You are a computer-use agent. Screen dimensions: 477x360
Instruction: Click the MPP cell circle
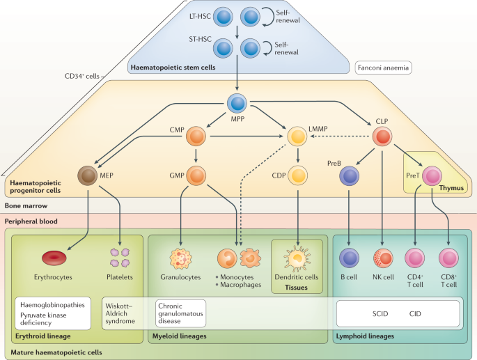[237, 104]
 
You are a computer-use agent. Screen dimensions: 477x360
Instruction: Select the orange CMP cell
[196, 136]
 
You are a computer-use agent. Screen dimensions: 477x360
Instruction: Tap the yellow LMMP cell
[297, 136]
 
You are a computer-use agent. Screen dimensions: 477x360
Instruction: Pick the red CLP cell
[382, 136]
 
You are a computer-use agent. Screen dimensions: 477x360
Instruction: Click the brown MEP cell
[88, 175]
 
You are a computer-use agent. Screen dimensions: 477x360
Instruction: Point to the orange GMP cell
[196, 175]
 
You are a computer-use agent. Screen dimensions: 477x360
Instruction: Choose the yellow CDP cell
[298, 175]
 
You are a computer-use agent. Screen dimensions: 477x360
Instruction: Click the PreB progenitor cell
[350, 176]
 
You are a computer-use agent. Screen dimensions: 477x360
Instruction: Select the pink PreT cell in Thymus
[432, 176]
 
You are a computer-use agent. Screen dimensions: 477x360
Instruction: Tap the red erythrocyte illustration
[54, 258]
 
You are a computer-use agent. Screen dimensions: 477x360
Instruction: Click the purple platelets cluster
[120, 258]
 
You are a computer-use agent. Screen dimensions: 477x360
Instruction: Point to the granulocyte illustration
[180, 259]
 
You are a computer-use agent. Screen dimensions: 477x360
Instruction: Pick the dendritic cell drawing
[297, 258]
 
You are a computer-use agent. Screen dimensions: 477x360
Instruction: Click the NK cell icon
[383, 258]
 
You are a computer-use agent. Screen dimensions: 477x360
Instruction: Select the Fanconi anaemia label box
[383, 68]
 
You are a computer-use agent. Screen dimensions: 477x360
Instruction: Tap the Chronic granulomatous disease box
[180, 313]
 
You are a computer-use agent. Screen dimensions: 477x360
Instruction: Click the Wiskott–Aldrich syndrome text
[120, 313]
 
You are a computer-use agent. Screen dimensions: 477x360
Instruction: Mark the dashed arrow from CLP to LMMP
[340, 136]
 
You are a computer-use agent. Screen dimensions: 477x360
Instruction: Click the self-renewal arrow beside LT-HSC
[267, 17]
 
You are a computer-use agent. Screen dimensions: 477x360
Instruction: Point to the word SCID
[380, 314]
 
